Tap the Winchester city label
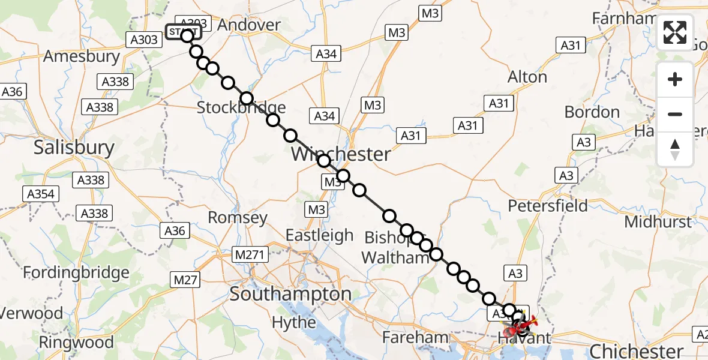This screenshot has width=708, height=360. tap(340, 154)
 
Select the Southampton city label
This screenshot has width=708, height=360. tap(291, 294)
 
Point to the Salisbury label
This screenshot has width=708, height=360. tap(74, 147)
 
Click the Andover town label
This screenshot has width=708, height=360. tap(249, 25)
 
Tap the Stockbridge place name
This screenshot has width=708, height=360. tap(241, 108)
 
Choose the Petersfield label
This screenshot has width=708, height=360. tap(548, 206)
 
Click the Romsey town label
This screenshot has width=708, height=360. tap(238, 217)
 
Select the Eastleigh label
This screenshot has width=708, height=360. tap(319, 235)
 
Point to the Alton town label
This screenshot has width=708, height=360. tap(527, 77)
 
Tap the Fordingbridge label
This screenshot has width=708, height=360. tap(76, 273)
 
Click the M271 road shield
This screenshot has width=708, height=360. tap(249, 256)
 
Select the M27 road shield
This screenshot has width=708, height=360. tap(186, 279)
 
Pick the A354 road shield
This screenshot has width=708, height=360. tap(41, 194)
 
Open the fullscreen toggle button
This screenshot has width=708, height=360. tap(675, 32)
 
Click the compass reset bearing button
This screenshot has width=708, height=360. tap(675, 148)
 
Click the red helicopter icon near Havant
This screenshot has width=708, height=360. tap(520, 327)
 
